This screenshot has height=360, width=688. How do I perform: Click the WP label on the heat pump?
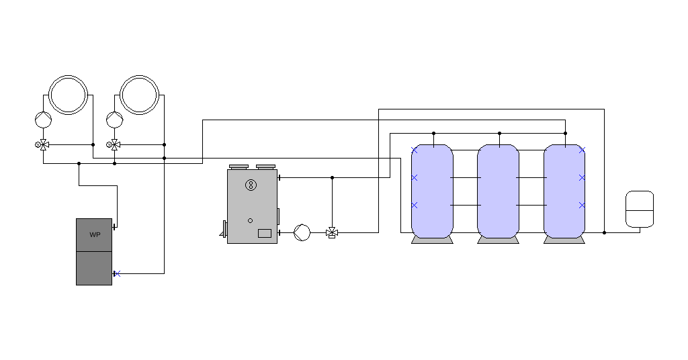tap(94, 235)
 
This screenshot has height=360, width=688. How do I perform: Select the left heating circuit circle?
tap(69, 94)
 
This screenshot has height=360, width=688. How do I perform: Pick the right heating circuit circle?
tap(140, 94)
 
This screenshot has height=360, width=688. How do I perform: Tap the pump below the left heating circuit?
tap(44, 120)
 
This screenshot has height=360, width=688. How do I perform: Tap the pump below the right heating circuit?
tap(115, 120)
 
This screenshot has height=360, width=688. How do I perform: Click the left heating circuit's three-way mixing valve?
tap(44, 144)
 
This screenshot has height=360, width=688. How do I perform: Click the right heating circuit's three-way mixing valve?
tap(115, 144)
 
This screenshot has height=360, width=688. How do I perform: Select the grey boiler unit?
tap(252, 206)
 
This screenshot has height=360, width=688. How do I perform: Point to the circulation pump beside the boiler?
tap(302, 232)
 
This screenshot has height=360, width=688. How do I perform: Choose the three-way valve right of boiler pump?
tap(332, 232)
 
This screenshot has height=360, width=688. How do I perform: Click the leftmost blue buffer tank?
tap(432, 191)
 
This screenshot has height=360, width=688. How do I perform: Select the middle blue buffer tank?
tap(498, 191)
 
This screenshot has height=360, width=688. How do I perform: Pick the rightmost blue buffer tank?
tap(564, 191)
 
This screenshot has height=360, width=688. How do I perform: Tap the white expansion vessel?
tap(640, 209)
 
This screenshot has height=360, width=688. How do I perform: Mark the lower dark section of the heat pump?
tap(94, 268)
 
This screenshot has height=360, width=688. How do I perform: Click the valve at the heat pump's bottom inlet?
tap(116, 273)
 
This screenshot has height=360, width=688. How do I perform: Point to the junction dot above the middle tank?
tap(499, 134)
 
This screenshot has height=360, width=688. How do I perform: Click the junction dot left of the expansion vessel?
tap(604, 232)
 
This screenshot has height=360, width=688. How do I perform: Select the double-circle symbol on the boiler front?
tap(251, 185)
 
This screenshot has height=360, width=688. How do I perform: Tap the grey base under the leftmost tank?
tap(432, 240)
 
